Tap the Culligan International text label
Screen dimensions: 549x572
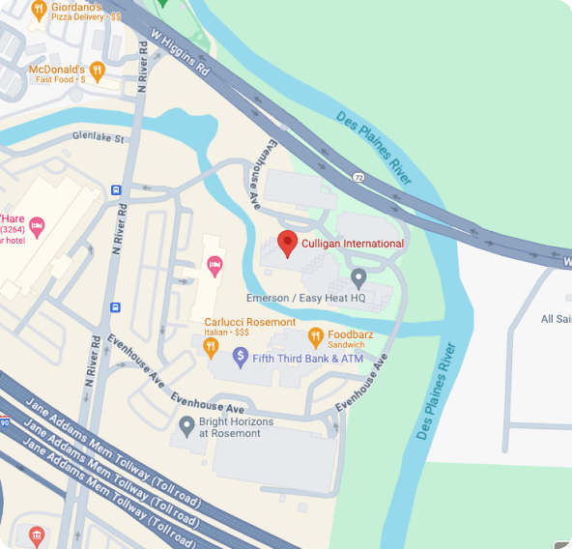point(353,244)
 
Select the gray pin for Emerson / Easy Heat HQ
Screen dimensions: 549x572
point(358,279)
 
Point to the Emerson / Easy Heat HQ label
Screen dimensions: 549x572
point(305,299)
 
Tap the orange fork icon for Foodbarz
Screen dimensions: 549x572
point(315,336)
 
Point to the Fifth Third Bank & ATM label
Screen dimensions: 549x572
point(295,360)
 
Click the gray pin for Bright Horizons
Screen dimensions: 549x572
point(186,424)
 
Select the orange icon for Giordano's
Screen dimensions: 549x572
point(38,12)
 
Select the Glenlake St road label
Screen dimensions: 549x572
point(100,138)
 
